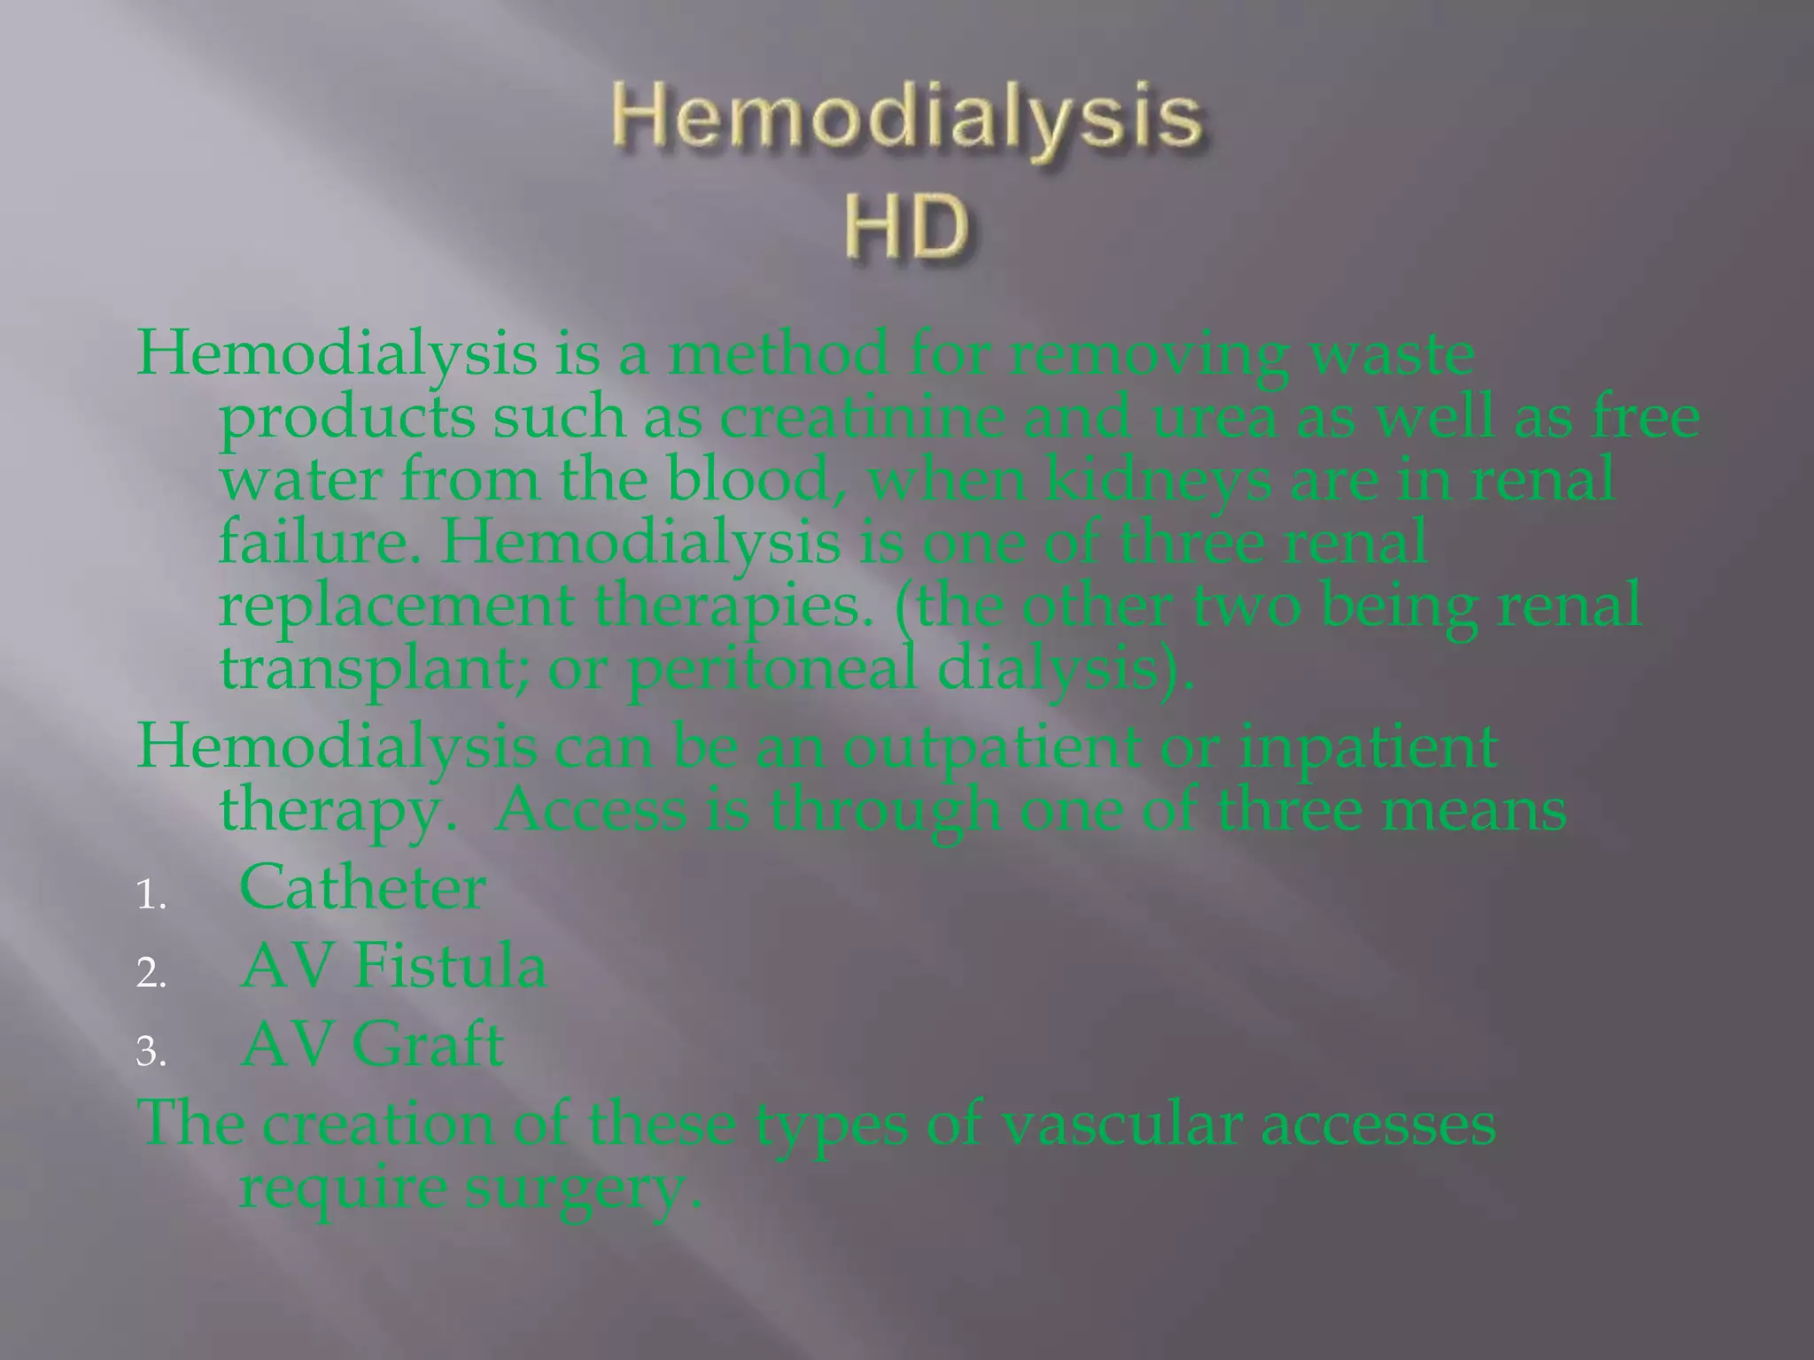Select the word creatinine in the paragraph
(861, 417)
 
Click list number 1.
(151, 896)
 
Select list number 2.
(151, 974)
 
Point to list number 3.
(151, 1052)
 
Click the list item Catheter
(362, 887)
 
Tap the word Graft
(428, 1045)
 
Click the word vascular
(1119, 1124)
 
